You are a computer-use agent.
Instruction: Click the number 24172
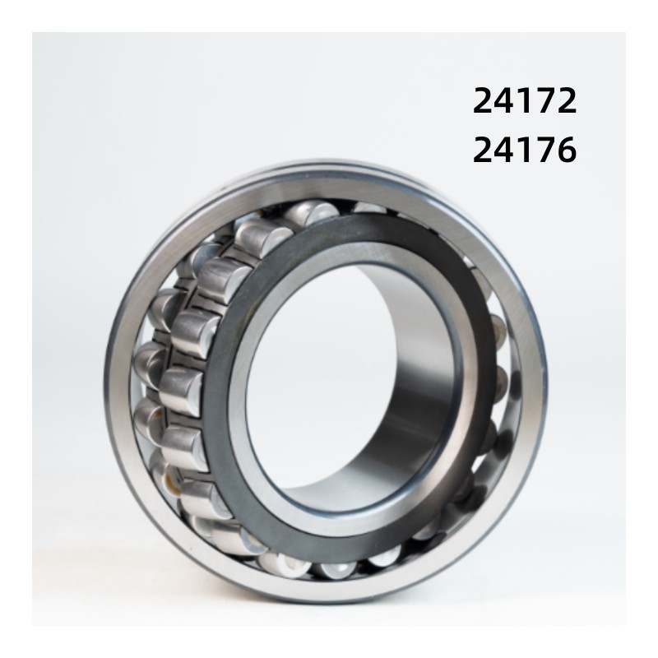(x=525, y=101)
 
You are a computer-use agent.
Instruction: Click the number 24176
(x=525, y=151)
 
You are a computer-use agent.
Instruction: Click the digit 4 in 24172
(x=504, y=101)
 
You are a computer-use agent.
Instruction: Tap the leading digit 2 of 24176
(x=484, y=151)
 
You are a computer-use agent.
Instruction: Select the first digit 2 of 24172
(x=484, y=101)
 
